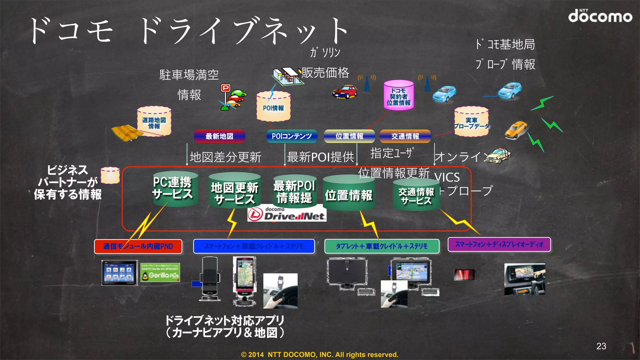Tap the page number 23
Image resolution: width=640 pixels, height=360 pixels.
[x=601, y=346]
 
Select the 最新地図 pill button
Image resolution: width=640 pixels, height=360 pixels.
[x=219, y=136]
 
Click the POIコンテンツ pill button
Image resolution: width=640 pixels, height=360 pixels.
[x=292, y=136]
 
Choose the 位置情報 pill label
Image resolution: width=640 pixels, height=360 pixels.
[x=349, y=136]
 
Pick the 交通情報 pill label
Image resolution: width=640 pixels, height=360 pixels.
[x=405, y=136]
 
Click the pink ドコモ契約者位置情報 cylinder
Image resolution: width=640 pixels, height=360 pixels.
[x=398, y=95]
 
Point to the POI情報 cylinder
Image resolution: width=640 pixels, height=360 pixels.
[x=273, y=107]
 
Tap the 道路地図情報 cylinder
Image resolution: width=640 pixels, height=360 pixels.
[x=154, y=122]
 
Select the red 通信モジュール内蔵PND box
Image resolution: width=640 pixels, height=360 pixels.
[x=138, y=246]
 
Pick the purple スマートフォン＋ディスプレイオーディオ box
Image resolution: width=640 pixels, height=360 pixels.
[x=499, y=244]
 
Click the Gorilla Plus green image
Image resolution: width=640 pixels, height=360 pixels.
[x=160, y=272]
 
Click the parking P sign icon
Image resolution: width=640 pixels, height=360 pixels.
[x=226, y=88]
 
